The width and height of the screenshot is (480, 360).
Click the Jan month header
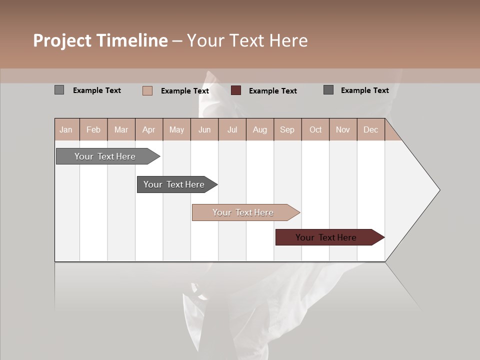66,129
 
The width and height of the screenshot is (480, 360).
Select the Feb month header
93,129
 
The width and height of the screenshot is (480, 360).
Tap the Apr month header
149,129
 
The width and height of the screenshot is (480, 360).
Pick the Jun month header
204,129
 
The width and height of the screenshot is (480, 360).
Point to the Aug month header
260,129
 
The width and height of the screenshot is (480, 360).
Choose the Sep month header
287,129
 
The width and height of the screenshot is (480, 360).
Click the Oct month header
315,129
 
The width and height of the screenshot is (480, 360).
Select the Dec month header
371,129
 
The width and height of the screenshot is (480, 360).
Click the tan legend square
147,90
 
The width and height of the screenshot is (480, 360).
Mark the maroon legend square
236,90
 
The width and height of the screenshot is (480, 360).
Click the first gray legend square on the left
59,90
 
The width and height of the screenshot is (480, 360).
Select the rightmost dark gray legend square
328,90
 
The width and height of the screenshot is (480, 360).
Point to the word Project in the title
62,40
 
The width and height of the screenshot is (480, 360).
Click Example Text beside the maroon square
273,91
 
